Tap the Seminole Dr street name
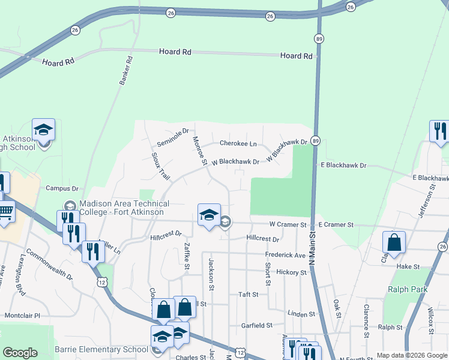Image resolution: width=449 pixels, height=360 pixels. pyautogui.click(x=173, y=137)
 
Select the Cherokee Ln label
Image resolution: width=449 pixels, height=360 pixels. pyautogui.click(x=238, y=143)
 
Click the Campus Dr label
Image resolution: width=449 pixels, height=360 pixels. pyautogui.click(x=62, y=188)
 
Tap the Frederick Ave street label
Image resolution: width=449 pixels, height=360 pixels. pyautogui.click(x=286, y=255)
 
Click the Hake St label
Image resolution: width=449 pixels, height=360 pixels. pyautogui.click(x=409, y=266)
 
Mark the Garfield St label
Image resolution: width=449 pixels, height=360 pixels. pyautogui.click(x=257, y=325)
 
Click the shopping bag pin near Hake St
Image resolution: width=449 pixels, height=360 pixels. pyautogui.click(x=394, y=242)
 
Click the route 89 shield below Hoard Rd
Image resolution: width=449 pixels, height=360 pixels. pyautogui.click(x=316, y=38)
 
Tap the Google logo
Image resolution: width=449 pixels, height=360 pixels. pyautogui.click(x=20, y=353)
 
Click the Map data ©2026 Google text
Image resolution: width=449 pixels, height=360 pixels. pyautogui.click(x=412, y=355)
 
